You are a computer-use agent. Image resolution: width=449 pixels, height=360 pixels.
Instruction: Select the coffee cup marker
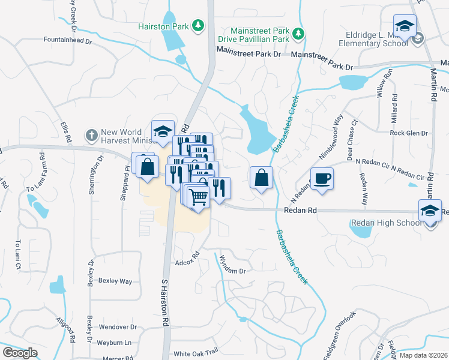coord(322,179)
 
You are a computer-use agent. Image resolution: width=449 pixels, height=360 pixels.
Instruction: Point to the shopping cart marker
coord(198,196)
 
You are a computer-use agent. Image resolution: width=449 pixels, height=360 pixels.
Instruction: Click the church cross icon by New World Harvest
coord(91,136)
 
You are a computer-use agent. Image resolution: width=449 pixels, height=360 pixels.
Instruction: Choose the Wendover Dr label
coord(118,328)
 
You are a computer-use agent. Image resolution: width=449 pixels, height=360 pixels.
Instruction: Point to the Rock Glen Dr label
coord(408,133)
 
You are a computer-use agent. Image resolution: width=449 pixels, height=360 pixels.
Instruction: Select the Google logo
coord(20,353)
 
